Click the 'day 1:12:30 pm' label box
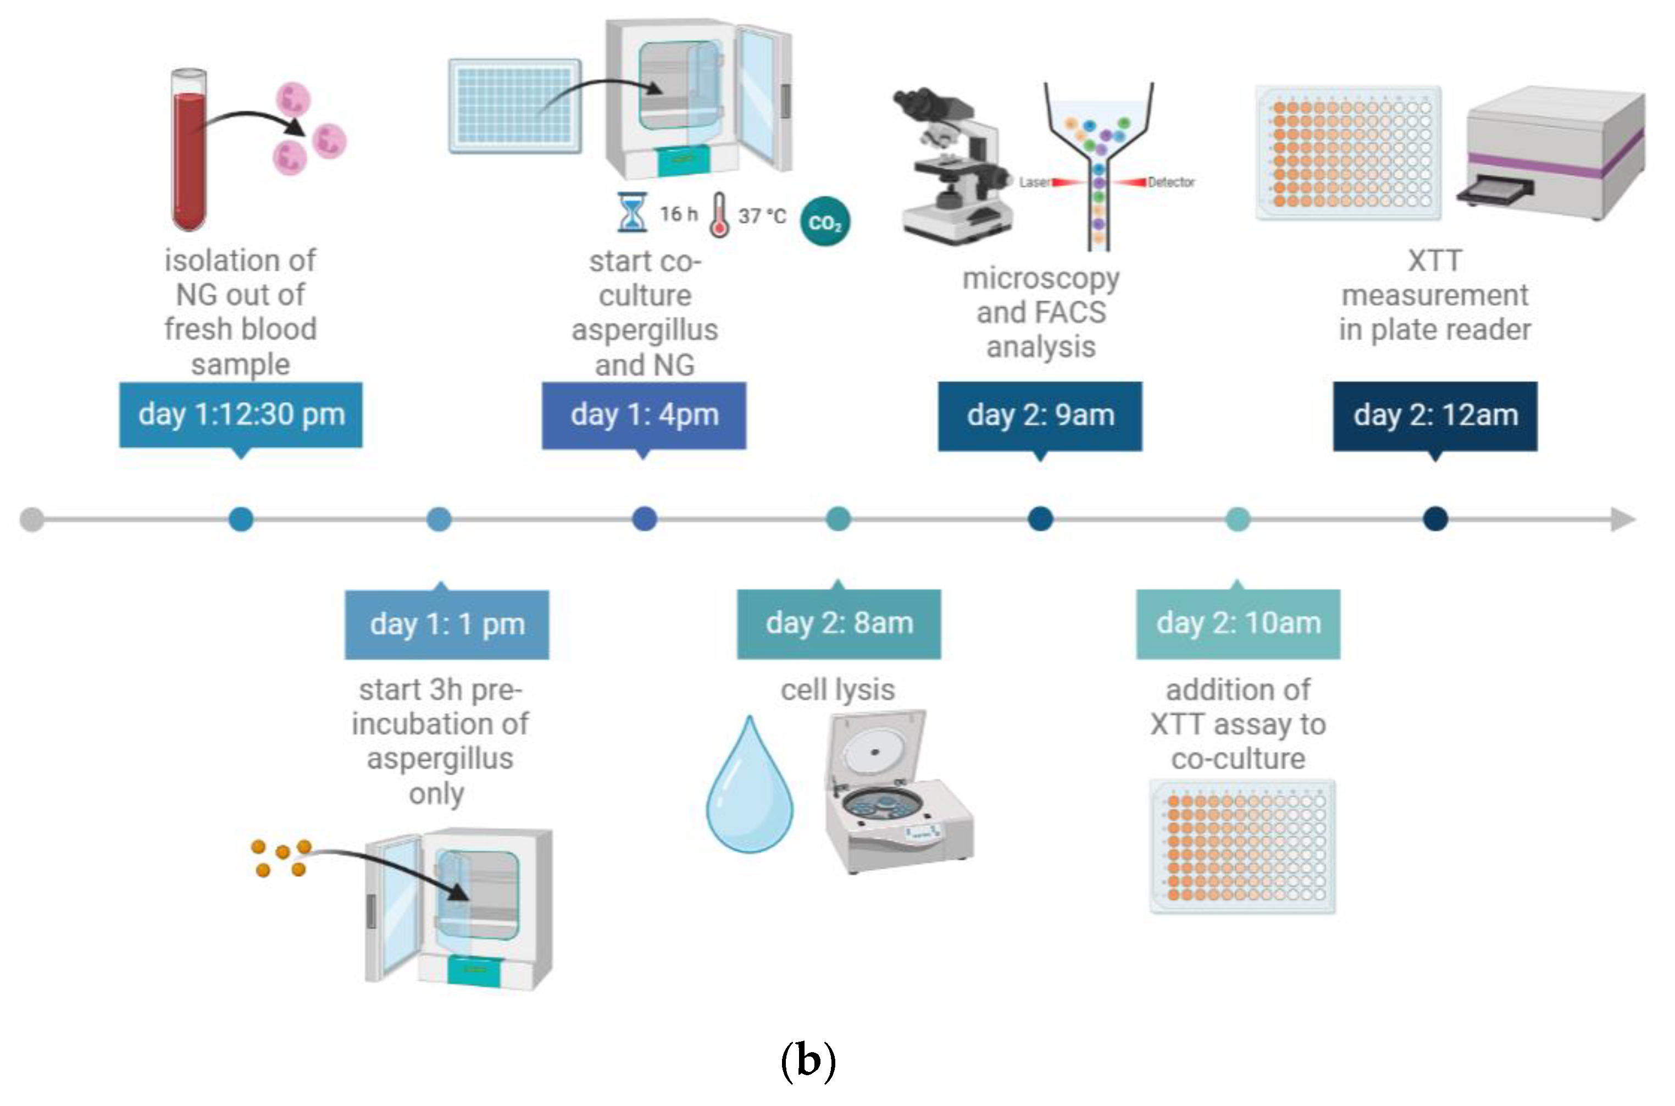pyautogui.click(x=240, y=416)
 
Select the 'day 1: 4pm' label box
pyautogui.click(x=644, y=416)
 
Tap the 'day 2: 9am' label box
pyautogui.click(x=1040, y=416)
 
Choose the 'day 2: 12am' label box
pyautogui.click(x=1435, y=416)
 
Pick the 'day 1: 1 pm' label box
pyautogui.click(x=447, y=625)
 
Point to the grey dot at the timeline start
pyautogui.click(x=32, y=520)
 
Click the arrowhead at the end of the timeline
pyautogui.click(x=1623, y=520)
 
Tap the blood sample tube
pyautogui.click(x=190, y=150)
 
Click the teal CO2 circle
pyautogui.click(x=825, y=222)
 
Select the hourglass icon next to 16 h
pyautogui.click(x=631, y=212)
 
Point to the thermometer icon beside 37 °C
pyautogui.click(x=719, y=215)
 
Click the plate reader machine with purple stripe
pyautogui.click(x=1551, y=152)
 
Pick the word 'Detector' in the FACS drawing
pyautogui.click(x=1171, y=182)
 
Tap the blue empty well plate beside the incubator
pyautogui.click(x=515, y=106)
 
